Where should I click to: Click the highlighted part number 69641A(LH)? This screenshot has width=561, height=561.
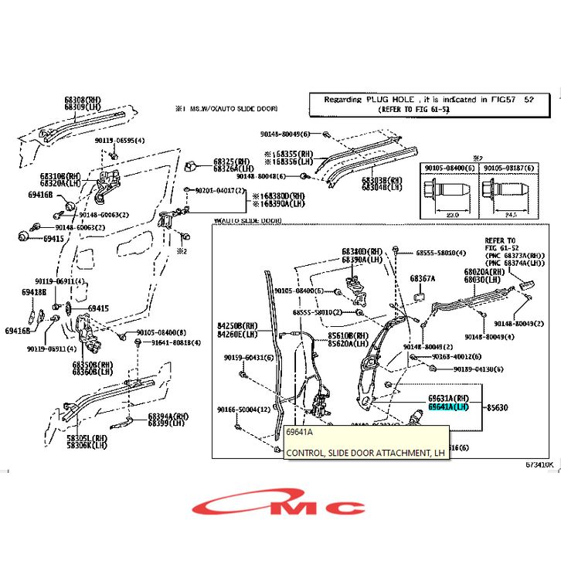pyautogui.click(x=448, y=406)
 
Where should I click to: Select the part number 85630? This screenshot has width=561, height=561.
pyautogui.click(x=497, y=406)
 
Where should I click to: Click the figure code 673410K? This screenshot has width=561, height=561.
pyautogui.click(x=539, y=465)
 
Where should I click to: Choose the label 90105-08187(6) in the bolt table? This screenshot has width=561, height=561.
pyautogui.click(x=508, y=167)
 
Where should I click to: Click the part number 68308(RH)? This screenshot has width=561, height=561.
pyautogui.click(x=82, y=100)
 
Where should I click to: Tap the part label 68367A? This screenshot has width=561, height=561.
pyautogui.click(x=422, y=278)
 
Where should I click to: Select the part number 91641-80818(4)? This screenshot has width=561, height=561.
pyautogui.click(x=175, y=342)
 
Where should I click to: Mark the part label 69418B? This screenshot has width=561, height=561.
pyautogui.click(x=34, y=292)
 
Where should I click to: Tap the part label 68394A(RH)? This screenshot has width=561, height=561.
pyautogui.click(x=168, y=416)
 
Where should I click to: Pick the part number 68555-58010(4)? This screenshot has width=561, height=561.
pyautogui.click(x=440, y=253)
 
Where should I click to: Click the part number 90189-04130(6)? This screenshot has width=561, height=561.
pyautogui.click(x=480, y=369)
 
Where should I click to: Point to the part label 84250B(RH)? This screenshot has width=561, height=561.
pyautogui.click(x=237, y=326)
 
